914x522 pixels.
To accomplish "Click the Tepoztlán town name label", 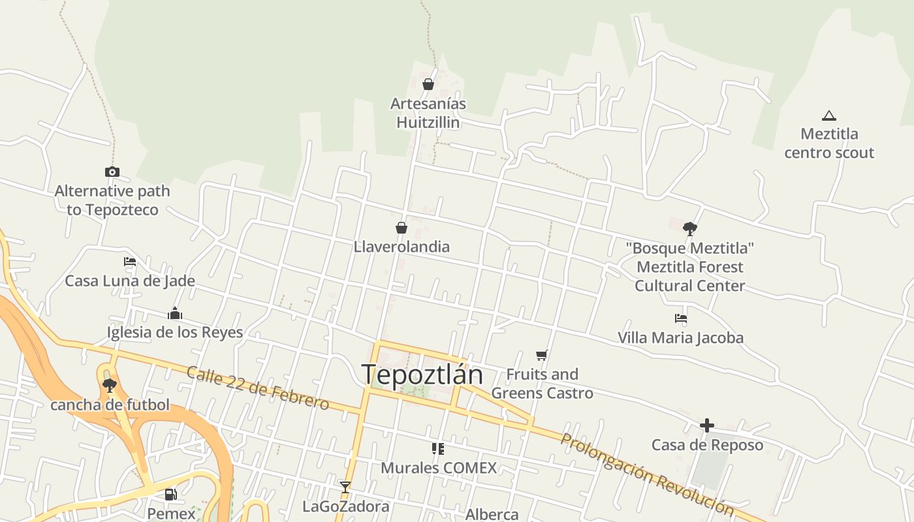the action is tap(422, 375).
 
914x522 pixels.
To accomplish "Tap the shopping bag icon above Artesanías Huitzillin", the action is tap(428, 84).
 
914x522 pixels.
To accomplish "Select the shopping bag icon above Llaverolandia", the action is tap(402, 228).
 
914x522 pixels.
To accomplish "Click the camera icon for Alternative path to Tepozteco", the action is tap(112, 172).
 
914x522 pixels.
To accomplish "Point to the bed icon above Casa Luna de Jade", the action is tap(130, 262).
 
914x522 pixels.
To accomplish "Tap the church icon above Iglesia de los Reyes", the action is tap(174, 314).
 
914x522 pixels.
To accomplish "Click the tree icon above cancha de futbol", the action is tap(110, 386).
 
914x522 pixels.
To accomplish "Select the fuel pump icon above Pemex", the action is tap(170, 495).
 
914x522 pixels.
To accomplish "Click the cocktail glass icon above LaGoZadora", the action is tap(345, 487).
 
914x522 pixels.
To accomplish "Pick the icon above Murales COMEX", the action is tap(438, 449).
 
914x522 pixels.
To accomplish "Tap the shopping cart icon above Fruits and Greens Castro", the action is tap(541, 356).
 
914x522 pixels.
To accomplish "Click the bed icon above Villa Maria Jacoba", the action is tap(681, 319).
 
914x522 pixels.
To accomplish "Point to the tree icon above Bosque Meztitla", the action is tap(689, 228).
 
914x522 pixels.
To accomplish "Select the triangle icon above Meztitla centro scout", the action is tap(829, 116).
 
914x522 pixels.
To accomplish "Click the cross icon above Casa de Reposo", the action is tap(707, 426).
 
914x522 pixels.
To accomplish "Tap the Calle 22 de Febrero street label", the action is tap(258, 388).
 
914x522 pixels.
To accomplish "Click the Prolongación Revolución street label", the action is tap(647, 474).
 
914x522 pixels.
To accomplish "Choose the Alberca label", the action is tap(492, 514).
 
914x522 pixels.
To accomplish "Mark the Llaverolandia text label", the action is tap(402, 247).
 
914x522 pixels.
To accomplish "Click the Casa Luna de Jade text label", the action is tap(130, 281).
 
